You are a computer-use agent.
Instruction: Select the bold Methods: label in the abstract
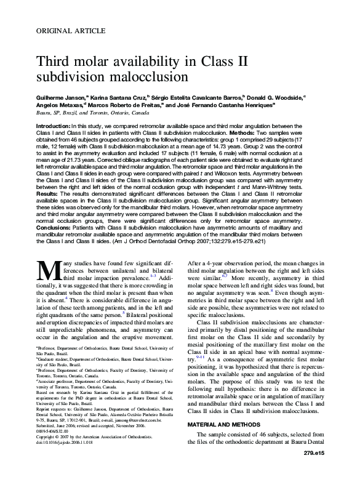click(249, 132)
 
